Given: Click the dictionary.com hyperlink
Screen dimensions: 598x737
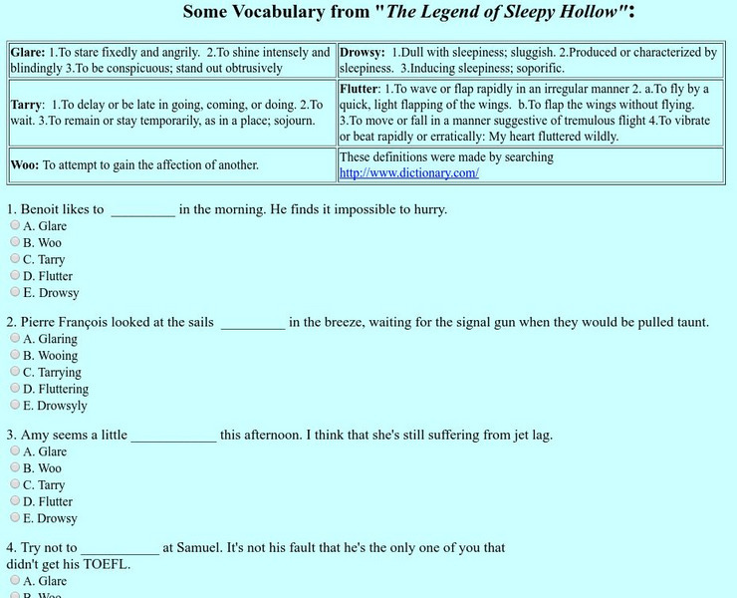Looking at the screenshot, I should [x=408, y=172].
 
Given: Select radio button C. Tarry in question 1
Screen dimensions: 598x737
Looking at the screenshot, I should [x=15, y=259].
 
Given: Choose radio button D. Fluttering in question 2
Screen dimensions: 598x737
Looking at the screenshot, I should [x=15, y=388].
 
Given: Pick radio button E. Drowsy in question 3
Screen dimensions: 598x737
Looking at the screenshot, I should [x=15, y=518].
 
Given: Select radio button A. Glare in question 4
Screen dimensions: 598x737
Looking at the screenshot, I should [x=15, y=580].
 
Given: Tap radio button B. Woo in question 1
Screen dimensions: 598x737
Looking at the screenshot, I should [x=15, y=242].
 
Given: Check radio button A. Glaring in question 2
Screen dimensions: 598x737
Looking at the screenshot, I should [x=15, y=338].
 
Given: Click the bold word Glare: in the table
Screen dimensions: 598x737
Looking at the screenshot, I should [x=27, y=52].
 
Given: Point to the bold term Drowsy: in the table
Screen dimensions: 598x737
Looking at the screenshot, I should [x=362, y=52].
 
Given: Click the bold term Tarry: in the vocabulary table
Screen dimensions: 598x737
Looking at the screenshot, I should [x=28, y=104].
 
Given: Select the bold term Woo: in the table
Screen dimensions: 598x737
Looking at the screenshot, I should [x=25, y=164].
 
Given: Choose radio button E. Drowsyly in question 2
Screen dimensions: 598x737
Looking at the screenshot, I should [x=15, y=405].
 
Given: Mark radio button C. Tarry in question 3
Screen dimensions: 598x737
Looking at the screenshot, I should [x=15, y=484].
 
